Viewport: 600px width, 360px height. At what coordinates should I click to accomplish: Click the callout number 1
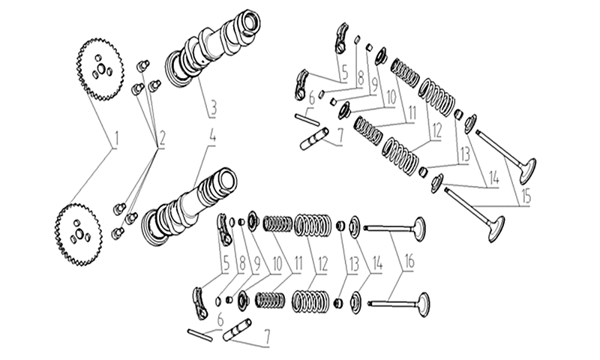click(117, 139)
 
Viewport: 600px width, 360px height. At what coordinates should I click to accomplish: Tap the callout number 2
click(161, 139)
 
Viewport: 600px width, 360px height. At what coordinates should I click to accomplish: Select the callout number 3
click(213, 109)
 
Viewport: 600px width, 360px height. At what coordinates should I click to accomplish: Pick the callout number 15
click(526, 196)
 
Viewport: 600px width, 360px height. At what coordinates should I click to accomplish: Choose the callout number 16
click(409, 262)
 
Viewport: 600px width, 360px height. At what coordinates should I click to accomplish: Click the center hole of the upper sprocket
click(101, 68)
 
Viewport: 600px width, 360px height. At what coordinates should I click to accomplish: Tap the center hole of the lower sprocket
click(79, 233)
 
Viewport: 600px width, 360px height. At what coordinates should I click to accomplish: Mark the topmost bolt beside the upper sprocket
click(143, 64)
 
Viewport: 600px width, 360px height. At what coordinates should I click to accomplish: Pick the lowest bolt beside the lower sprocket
click(118, 232)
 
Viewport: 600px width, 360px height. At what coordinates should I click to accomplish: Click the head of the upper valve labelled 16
click(419, 229)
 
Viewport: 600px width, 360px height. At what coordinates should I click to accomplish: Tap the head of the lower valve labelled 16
click(423, 304)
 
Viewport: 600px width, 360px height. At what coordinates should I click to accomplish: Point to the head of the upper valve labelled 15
click(528, 171)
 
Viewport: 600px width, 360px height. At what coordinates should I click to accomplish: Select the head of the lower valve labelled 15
click(496, 229)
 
